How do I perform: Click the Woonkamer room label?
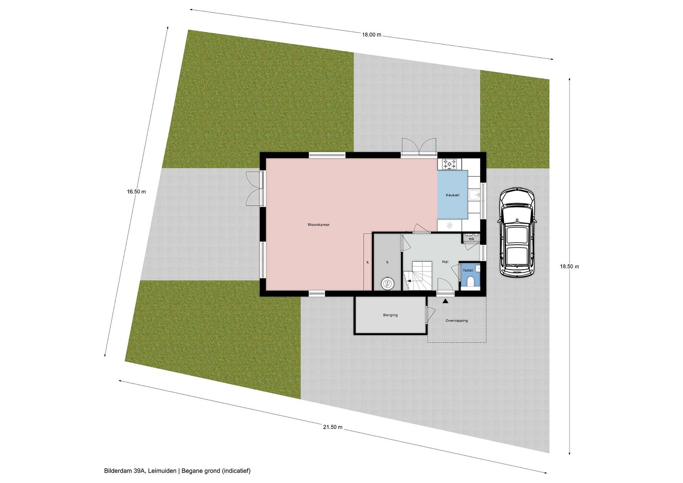coord(318,225)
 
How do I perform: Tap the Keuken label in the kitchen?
coord(452,195)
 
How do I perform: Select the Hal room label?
coord(445,262)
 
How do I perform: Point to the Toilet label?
coord(468,270)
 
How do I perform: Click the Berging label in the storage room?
coord(390,315)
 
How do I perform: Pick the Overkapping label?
coord(457,321)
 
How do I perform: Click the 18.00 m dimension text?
coord(371,35)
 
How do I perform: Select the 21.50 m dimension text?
coord(332,427)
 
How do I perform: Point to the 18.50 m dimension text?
coord(569,267)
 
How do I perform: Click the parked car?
coord(517,234)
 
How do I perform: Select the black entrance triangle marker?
coord(445,302)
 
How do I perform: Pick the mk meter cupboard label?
coord(471,239)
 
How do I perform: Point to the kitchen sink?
coord(475,195)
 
